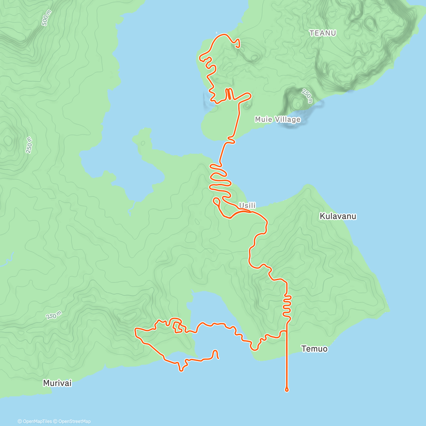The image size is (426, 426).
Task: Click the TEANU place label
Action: (323, 33)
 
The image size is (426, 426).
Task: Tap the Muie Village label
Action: (278, 120)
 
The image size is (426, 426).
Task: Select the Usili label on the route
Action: (247, 206)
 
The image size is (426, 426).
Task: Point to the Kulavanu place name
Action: (338, 216)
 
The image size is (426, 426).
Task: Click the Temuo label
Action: (314, 349)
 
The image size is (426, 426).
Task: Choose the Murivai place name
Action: (57, 383)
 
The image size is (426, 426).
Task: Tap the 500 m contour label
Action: (47, 18)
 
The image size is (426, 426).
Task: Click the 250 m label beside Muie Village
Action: (307, 95)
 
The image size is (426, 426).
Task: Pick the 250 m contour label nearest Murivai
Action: (54, 315)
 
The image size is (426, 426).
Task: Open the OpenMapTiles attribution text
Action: (35, 421)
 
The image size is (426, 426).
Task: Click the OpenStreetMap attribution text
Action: (74, 421)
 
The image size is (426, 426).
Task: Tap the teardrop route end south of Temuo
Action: (287, 390)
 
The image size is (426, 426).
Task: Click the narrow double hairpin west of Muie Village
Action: (229, 94)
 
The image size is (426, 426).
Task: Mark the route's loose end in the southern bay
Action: (218, 358)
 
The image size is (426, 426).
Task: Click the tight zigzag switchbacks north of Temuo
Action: (287, 305)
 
